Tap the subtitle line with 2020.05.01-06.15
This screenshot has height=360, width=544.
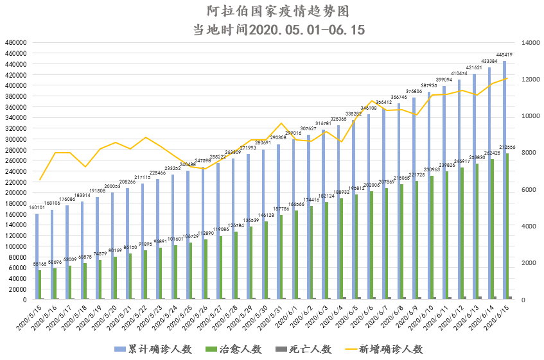pyautogui.click(x=272, y=30)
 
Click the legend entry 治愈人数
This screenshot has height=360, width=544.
pyautogui.click(x=232, y=348)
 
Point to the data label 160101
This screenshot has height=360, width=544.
pyautogui.click(x=37, y=207)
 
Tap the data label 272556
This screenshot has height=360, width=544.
pyautogui.click(x=509, y=148)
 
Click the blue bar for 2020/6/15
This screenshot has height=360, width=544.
pyautogui.click(x=504, y=180)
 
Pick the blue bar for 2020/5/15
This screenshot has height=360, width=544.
pyautogui.click(x=37, y=257)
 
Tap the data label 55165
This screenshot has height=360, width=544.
pyautogui.click(x=40, y=264)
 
